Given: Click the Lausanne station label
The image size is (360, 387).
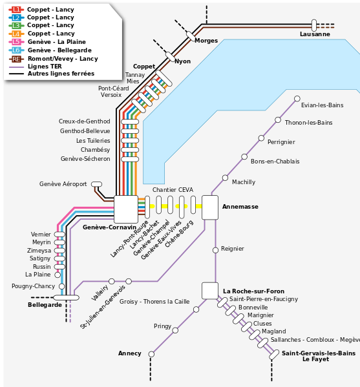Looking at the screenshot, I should point(315,34).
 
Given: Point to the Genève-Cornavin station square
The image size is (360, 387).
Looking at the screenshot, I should point(126,208).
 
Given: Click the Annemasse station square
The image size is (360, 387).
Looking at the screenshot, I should point(211,207).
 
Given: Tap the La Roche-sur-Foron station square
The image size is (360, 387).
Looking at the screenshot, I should point(210,291).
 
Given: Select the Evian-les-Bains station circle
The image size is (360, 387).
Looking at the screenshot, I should point(297,99).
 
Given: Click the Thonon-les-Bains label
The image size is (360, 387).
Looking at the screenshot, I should point(308,123).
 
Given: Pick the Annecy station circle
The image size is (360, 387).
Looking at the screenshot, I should point(153,353).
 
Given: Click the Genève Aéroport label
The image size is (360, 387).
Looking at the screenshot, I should point(63,184).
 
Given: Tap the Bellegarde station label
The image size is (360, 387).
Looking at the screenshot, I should point(45,304).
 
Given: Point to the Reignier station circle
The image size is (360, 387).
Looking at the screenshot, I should point(215,249).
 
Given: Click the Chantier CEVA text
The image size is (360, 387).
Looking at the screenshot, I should point(173,190).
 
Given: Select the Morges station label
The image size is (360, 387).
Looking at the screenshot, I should point(206,41).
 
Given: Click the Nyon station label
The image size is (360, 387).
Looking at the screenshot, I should point(182,61).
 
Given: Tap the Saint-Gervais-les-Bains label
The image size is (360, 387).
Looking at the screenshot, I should point(318,353).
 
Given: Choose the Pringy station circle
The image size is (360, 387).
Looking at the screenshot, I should point(175,329).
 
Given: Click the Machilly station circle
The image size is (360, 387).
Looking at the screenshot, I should point(225,177).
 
